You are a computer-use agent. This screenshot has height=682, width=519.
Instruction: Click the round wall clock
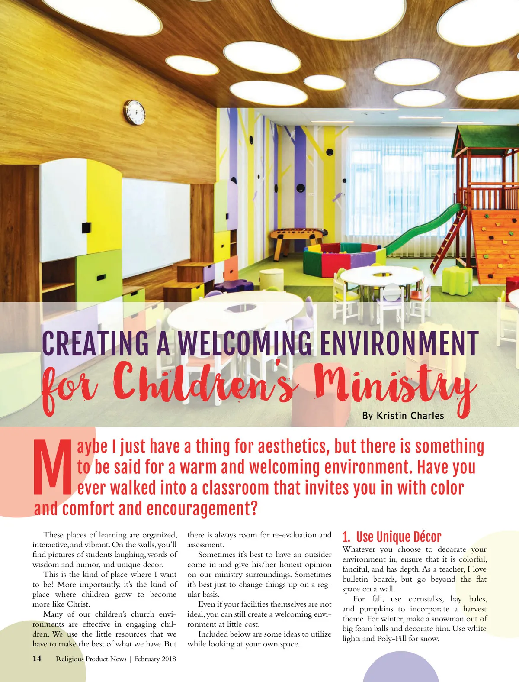point(135,112)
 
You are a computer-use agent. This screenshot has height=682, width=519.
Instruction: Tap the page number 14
point(37,659)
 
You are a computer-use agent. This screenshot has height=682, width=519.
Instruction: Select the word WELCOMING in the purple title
point(244,343)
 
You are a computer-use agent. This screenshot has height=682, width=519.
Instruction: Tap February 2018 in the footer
point(155,659)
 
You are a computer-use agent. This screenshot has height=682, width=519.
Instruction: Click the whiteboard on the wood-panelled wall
point(156,221)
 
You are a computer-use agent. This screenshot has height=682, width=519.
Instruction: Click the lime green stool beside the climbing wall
point(457,279)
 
